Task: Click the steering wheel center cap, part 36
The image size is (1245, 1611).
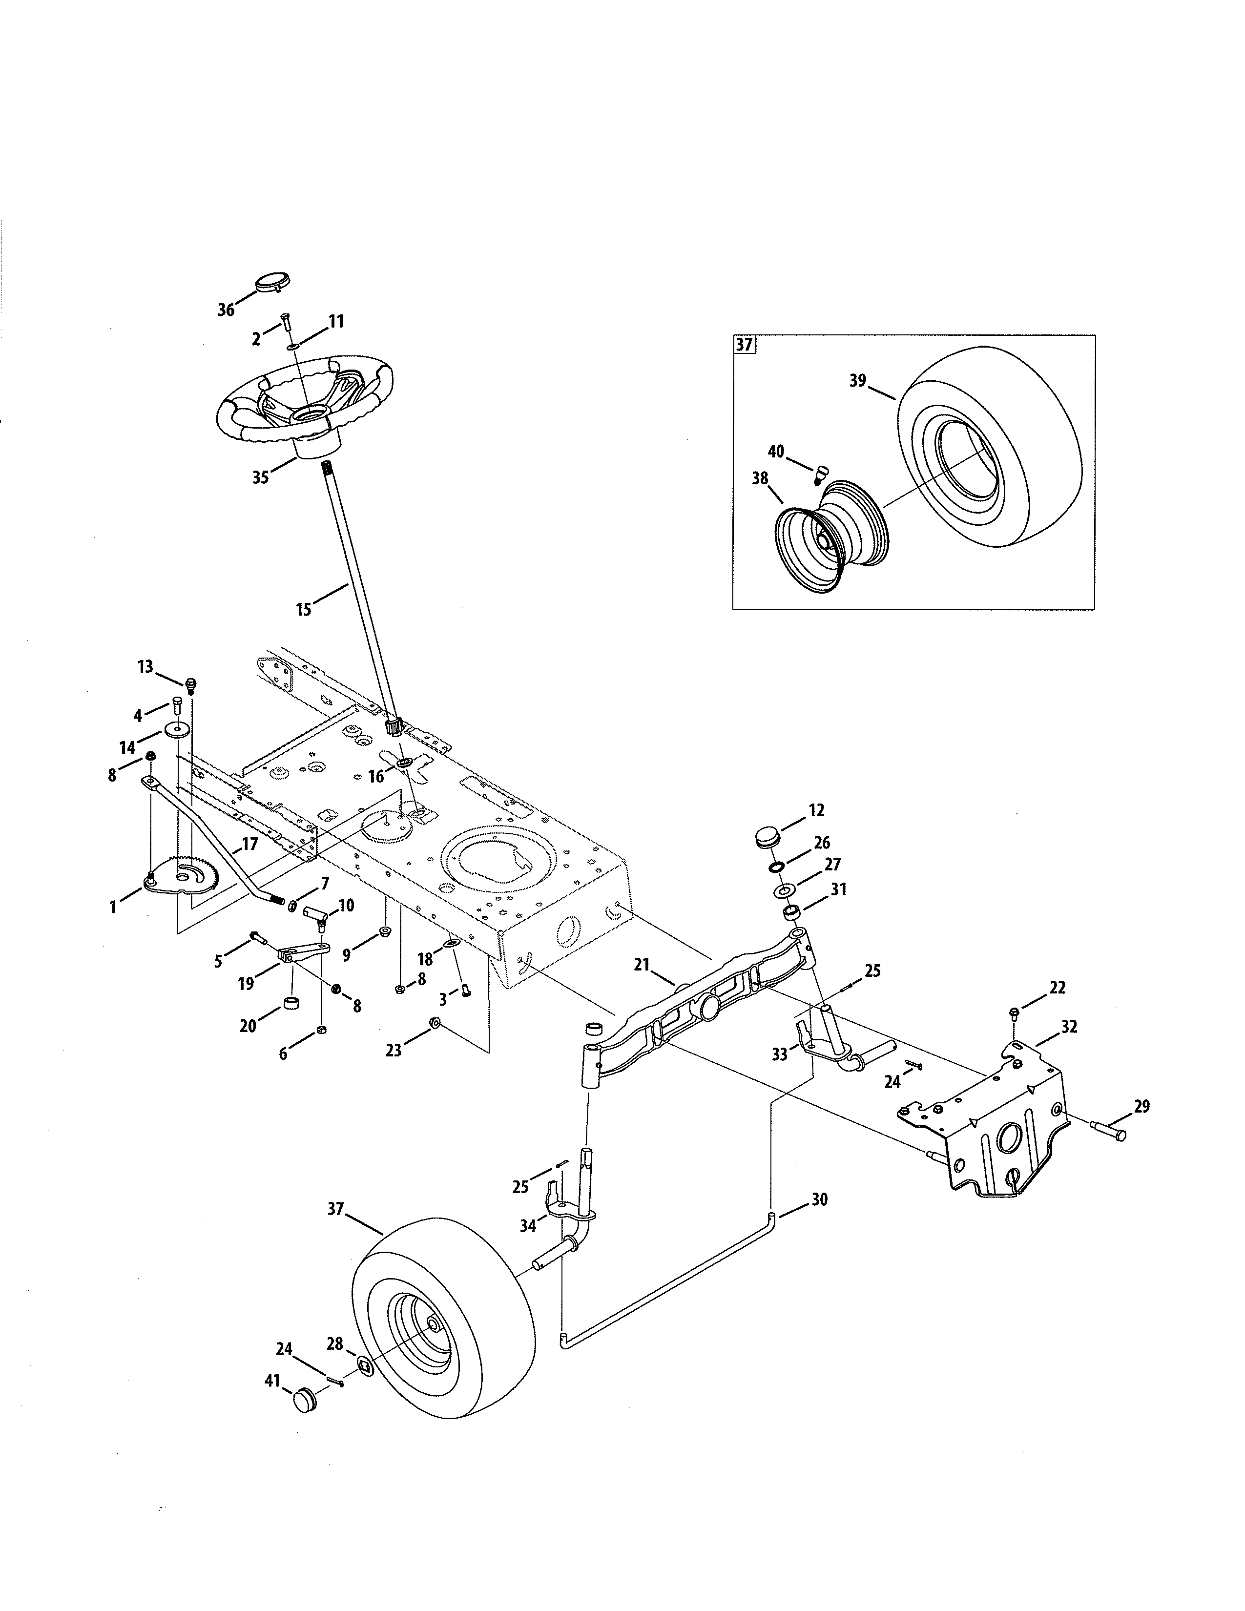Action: tap(271, 283)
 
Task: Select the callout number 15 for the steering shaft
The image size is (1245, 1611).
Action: tap(303, 609)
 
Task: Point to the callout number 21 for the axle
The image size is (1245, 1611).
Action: tap(641, 965)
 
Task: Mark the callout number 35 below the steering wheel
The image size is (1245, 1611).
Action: tap(260, 477)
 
